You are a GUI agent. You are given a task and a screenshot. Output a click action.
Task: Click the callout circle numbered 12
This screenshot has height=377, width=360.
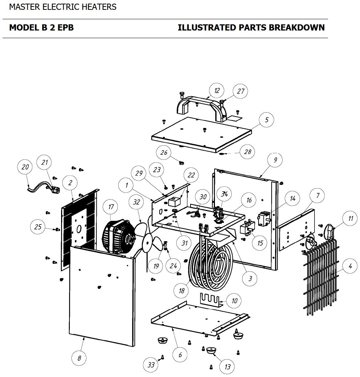tap(217, 90)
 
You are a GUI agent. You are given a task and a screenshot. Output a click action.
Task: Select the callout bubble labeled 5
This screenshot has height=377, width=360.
tap(267, 120)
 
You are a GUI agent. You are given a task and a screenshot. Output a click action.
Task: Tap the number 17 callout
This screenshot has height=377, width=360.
tap(111, 207)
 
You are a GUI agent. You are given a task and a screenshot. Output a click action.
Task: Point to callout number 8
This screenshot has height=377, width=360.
tap(79, 358)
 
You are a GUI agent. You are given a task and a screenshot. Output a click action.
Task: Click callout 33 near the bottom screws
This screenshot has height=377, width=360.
tap(151, 364)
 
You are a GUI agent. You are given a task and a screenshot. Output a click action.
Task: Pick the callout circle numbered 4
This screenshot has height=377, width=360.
tap(350, 266)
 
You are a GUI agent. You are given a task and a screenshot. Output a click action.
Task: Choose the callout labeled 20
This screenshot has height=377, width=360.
tap(25, 167)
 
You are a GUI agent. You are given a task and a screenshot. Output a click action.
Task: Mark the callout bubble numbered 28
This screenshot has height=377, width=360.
tap(248, 152)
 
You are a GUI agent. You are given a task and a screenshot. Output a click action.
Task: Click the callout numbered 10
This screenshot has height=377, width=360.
tap(235, 301)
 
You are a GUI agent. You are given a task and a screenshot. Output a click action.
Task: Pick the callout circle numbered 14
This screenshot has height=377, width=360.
tap(292, 199)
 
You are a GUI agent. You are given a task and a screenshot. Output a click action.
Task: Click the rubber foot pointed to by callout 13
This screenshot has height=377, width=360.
tap(211, 350)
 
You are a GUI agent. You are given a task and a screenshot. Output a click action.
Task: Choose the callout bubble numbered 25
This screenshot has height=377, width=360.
tap(38, 227)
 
